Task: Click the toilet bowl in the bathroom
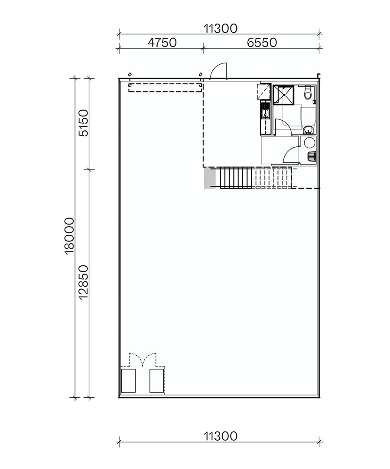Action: click(x=308, y=92)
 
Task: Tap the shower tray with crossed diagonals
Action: click(x=283, y=94)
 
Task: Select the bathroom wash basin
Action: click(x=308, y=129)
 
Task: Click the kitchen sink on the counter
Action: click(x=264, y=114)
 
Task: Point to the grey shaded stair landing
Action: click(x=210, y=178)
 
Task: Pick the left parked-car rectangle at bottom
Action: click(x=129, y=381)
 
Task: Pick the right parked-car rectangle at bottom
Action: click(x=156, y=381)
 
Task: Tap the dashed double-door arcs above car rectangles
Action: click(x=143, y=360)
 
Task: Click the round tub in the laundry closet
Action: click(x=309, y=142)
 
